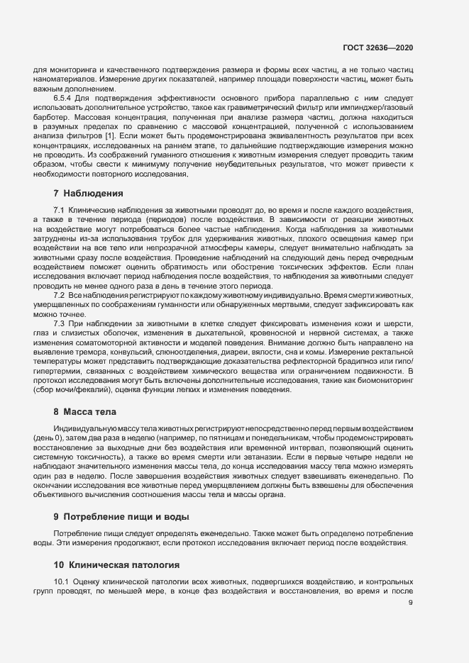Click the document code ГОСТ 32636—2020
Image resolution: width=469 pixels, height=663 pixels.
click(378, 48)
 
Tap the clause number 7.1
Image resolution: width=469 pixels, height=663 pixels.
click(59, 211)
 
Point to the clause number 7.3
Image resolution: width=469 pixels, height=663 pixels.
click(59, 323)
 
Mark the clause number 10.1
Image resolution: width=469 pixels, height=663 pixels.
click(61, 581)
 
